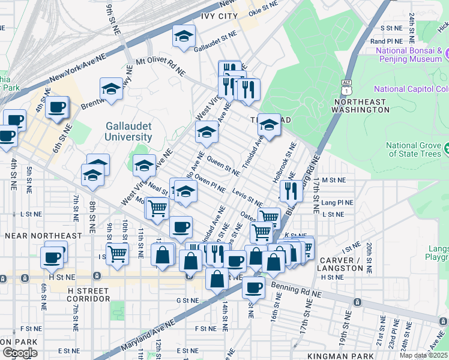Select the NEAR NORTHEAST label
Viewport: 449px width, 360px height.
(43, 236)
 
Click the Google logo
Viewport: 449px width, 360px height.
(20, 353)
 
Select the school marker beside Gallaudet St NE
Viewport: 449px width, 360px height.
(184, 35)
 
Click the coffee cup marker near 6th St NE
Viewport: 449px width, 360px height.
(57, 107)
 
